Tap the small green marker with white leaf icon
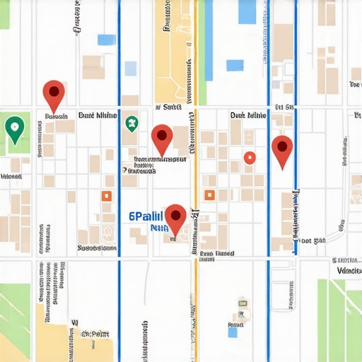131,123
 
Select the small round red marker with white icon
249,158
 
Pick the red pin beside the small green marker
162,137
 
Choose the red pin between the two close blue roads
282,149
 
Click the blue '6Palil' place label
146,216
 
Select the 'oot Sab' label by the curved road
313,241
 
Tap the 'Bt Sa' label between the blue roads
284,107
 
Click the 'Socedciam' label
97,248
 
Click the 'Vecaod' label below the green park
11,176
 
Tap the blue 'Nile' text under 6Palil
158,228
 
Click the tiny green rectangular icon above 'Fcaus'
242,313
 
